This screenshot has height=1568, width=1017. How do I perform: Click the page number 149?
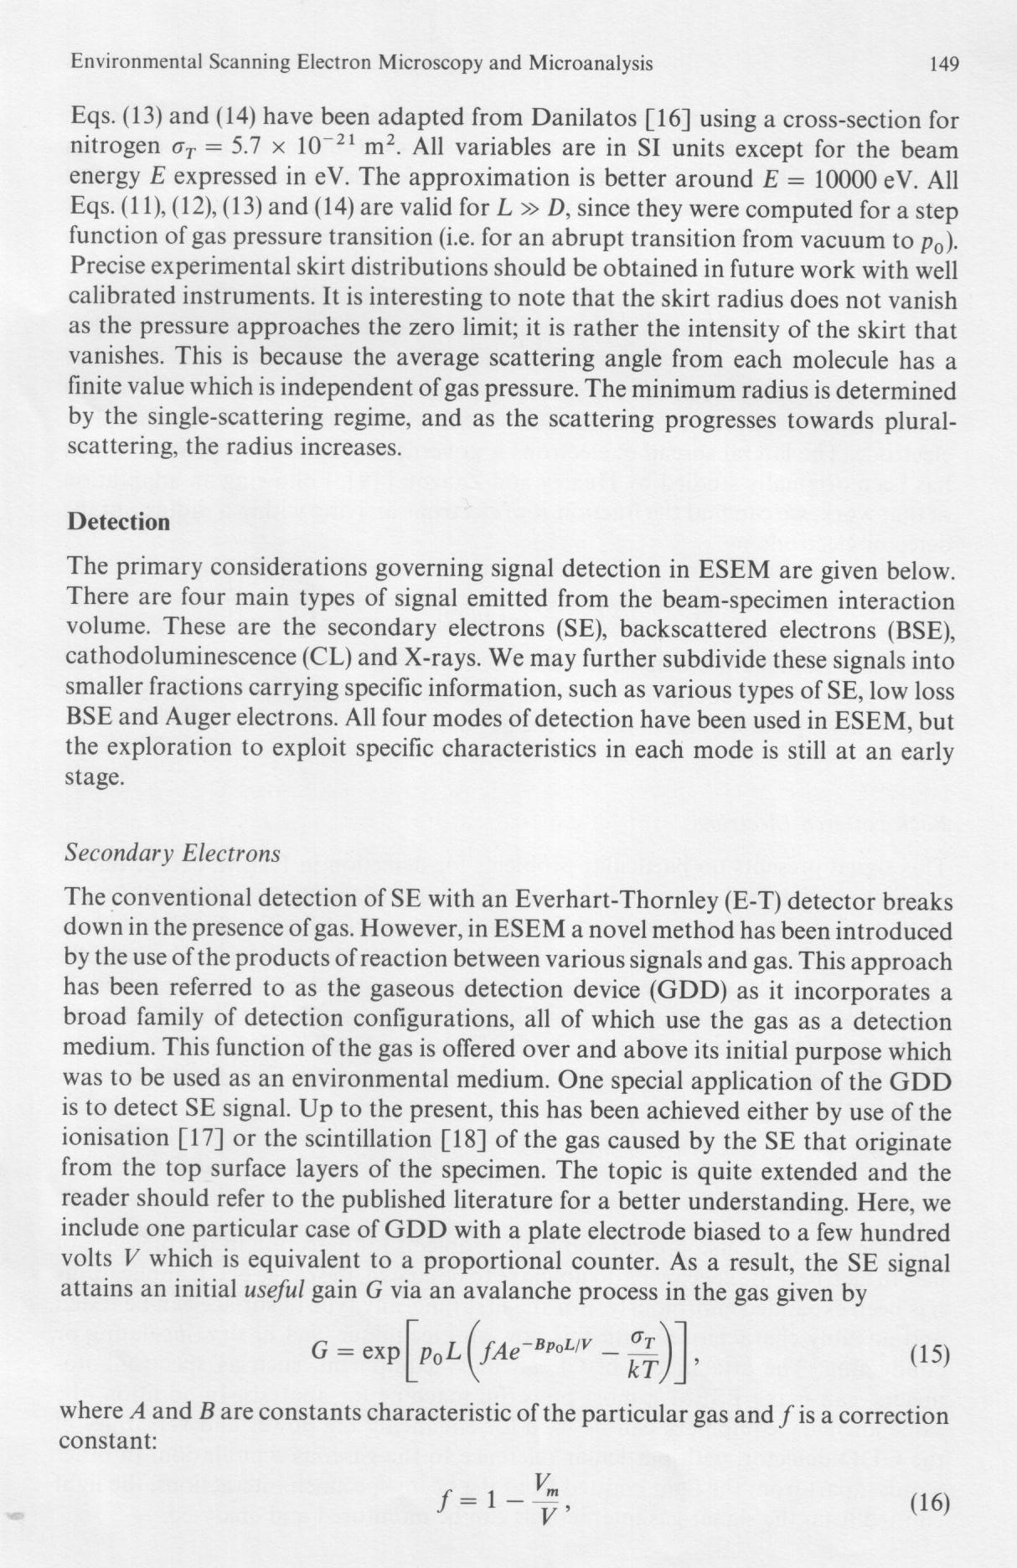point(943,64)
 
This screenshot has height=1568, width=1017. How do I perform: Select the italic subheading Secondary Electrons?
point(172,854)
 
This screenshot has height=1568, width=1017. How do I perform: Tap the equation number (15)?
point(928,1354)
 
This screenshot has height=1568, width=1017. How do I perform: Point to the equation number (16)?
point(928,1503)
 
